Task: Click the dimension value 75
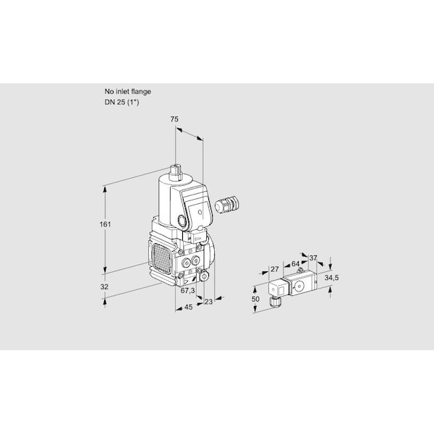(x=174, y=119)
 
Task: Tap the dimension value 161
(x=105, y=224)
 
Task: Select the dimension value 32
(x=104, y=286)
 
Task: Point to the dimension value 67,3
(x=187, y=290)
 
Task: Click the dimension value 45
(x=188, y=307)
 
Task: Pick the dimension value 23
(x=208, y=302)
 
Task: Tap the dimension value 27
(x=275, y=269)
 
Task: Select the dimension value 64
(x=296, y=264)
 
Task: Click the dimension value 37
(x=313, y=258)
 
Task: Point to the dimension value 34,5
(x=331, y=278)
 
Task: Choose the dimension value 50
(x=255, y=299)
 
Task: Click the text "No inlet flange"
(x=127, y=92)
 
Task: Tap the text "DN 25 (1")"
(x=122, y=102)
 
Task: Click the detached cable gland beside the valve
(x=226, y=204)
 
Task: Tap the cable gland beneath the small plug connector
(x=275, y=302)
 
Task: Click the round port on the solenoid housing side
(x=182, y=221)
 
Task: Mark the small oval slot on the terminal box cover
(x=200, y=212)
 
